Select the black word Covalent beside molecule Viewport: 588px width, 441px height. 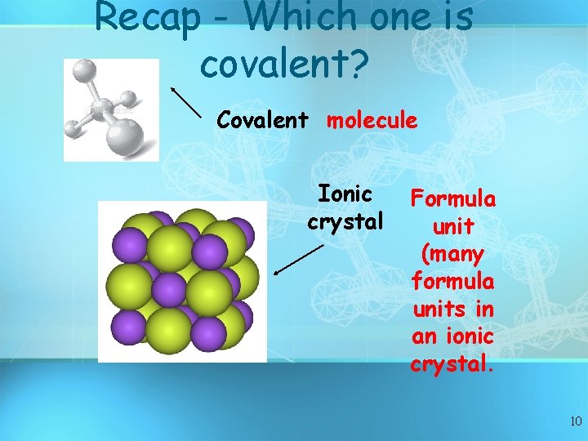click(x=262, y=121)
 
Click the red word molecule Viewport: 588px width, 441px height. click(x=372, y=121)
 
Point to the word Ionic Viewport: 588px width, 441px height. click(x=345, y=194)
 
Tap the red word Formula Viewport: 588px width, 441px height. click(x=453, y=198)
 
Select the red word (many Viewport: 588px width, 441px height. click(x=453, y=254)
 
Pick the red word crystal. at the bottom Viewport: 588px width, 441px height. click(x=453, y=364)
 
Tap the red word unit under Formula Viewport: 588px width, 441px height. click(x=453, y=226)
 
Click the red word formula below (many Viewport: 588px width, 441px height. click(x=453, y=282)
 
